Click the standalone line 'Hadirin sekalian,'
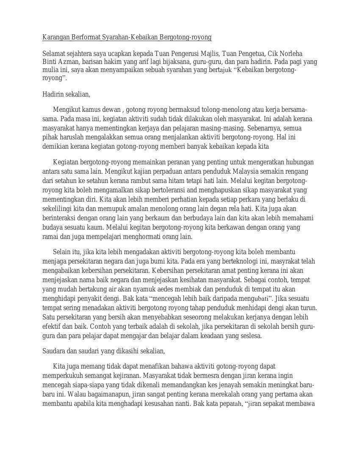[66, 94]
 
